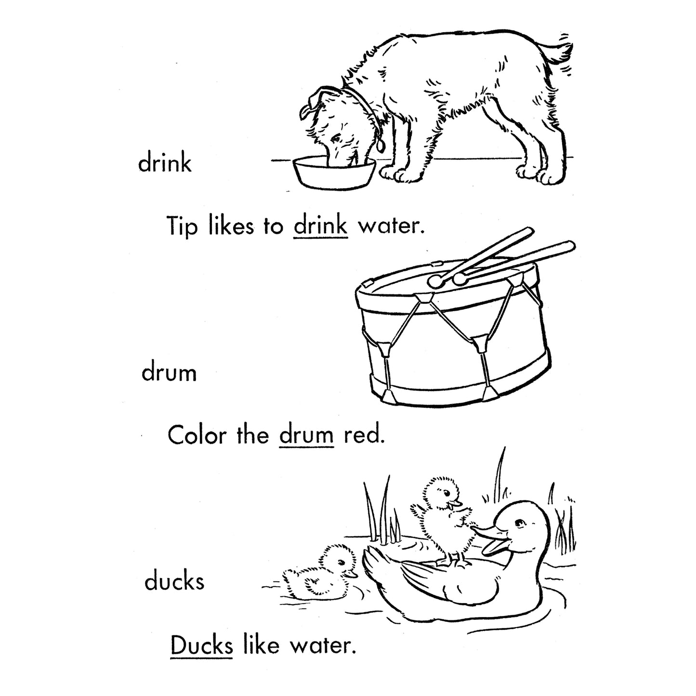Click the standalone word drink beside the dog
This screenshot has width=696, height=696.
165,163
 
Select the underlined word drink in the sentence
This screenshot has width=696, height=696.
320,225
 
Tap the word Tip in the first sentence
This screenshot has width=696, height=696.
182,226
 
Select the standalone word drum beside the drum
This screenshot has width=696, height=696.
169,373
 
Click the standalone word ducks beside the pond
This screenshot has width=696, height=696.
174,582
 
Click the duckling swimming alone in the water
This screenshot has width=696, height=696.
318,573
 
